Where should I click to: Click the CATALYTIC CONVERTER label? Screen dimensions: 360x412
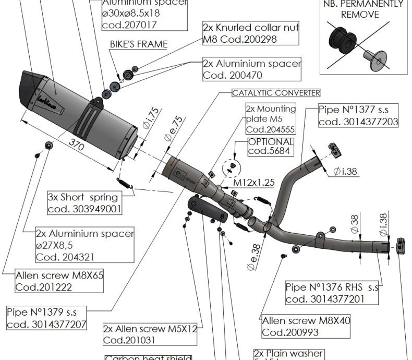click(x=276, y=93)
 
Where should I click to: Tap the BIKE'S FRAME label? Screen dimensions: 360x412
click(x=139, y=45)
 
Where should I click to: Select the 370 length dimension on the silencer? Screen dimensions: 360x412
click(x=77, y=147)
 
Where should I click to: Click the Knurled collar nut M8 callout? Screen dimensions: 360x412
click(x=251, y=33)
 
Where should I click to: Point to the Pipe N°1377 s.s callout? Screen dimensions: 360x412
click(x=358, y=116)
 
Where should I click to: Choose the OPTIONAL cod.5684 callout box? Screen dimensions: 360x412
click(x=271, y=146)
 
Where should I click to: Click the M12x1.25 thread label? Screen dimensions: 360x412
click(x=253, y=183)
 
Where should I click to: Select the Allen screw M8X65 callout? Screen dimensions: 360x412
click(x=59, y=281)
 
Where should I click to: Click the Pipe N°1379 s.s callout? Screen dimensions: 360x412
click(x=46, y=318)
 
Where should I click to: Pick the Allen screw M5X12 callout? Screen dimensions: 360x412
click(x=150, y=334)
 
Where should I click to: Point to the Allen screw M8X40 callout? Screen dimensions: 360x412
click(x=306, y=326)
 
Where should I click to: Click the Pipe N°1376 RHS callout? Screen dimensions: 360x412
click(x=332, y=293)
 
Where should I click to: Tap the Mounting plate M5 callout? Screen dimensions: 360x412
click(x=271, y=119)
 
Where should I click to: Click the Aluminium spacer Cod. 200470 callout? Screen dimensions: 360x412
click(x=252, y=69)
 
